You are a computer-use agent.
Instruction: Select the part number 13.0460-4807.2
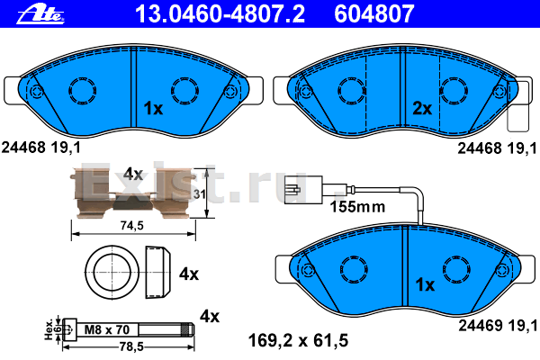[x=201, y=12]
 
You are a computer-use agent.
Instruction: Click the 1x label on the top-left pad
[x=152, y=109]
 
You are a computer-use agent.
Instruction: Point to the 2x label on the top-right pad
[x=422, y=109]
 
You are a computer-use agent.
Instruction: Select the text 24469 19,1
[x=498, y=324]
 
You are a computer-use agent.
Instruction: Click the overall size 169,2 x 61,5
[x=296, y=340]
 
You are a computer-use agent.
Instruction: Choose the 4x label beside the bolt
[x=209, y=316]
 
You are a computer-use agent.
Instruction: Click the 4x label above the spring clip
[x=133, y=172]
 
